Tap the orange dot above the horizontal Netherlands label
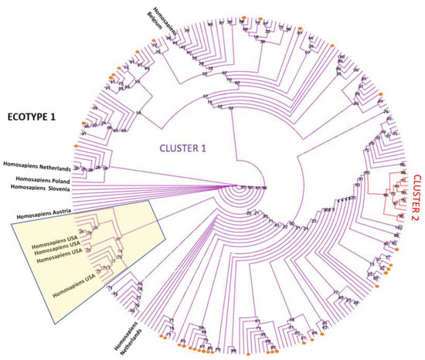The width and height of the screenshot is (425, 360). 76,147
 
